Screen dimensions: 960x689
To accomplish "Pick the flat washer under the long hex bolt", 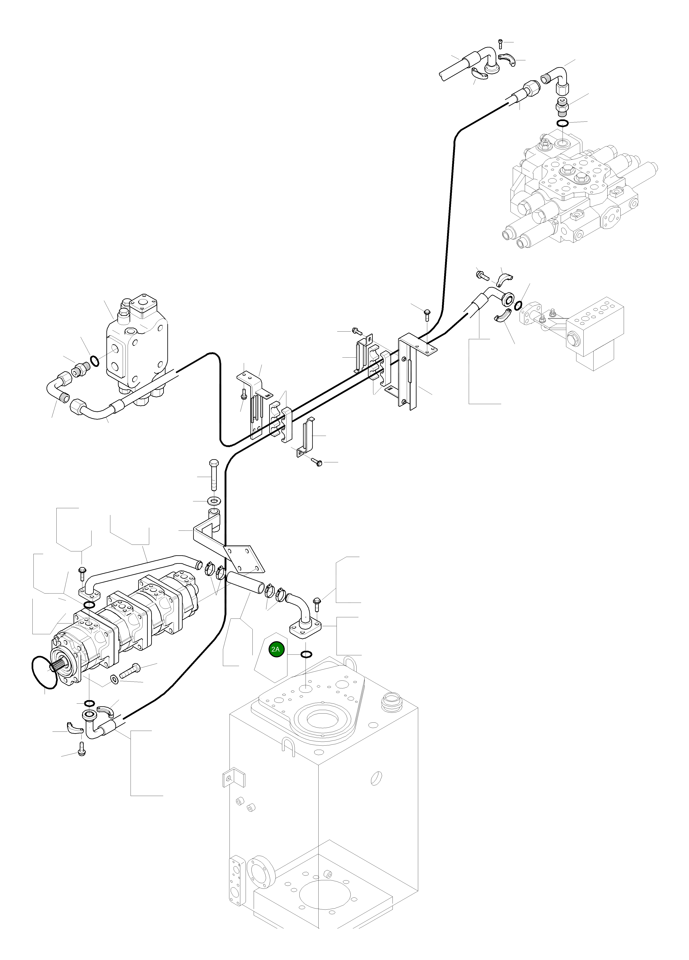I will click(214, 501).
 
